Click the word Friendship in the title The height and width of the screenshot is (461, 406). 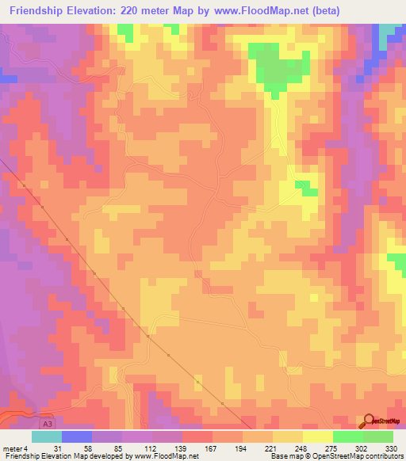click(44, 11)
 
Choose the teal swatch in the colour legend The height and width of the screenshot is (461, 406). click(46, 436)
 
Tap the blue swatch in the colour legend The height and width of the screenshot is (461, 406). click(77, 436)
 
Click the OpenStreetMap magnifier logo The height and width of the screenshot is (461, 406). click(370, 422)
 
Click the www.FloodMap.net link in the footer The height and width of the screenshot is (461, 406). click(167, 456)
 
